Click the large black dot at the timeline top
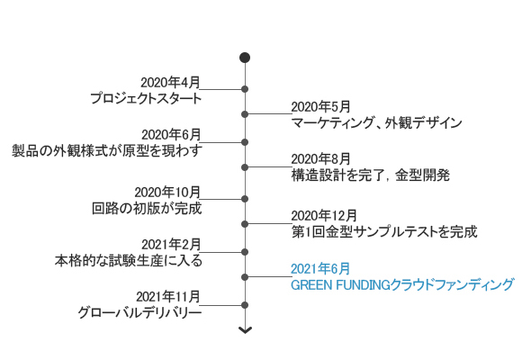coord(245,58)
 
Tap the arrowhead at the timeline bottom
coord(245,330)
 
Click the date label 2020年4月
coord(170,83)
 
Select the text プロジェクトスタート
coord(146,99)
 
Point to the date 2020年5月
coord(321,107)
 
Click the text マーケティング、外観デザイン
coord(376,123)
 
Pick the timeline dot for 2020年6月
coord(245,142)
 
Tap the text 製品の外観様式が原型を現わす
coord(107,150)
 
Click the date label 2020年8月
coord(321,159)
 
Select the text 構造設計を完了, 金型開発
coord(371,175)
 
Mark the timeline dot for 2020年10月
coord(245,199)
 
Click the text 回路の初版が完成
coord(147,209)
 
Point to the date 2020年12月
coord(324,216)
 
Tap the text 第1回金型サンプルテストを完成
coord(384,232)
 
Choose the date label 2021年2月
coord(171,245)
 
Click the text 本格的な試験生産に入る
coord(129,260)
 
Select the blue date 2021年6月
coord(320,269)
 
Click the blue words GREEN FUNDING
coord(340,285)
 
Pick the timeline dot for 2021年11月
coord(245,305)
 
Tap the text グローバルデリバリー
coord(139,312)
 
